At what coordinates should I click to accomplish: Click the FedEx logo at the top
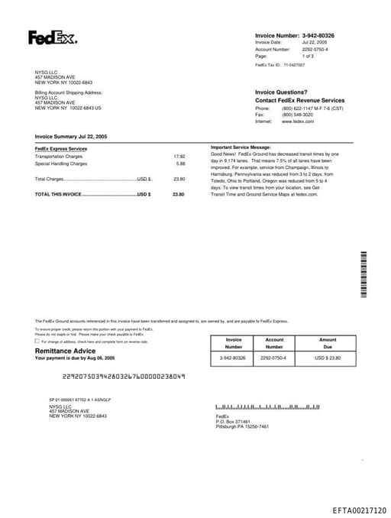coord(53,37)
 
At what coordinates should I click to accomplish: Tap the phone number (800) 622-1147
coord(302,108)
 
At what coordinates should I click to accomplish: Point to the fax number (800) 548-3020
coord(297,115)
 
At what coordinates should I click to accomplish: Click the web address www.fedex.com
coord(298,121)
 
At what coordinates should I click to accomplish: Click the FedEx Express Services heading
coord(61,148)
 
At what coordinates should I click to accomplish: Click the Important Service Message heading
coord(241,146)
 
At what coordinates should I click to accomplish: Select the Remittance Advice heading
coord(66,351)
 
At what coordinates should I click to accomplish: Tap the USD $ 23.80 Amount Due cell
coord(328,358)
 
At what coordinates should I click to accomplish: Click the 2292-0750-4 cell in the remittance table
coord(274,358)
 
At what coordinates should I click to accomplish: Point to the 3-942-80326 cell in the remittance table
coord(233,358)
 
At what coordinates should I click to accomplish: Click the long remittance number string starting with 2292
coord(123,376)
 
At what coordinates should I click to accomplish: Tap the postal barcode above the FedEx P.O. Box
coord(267,407)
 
